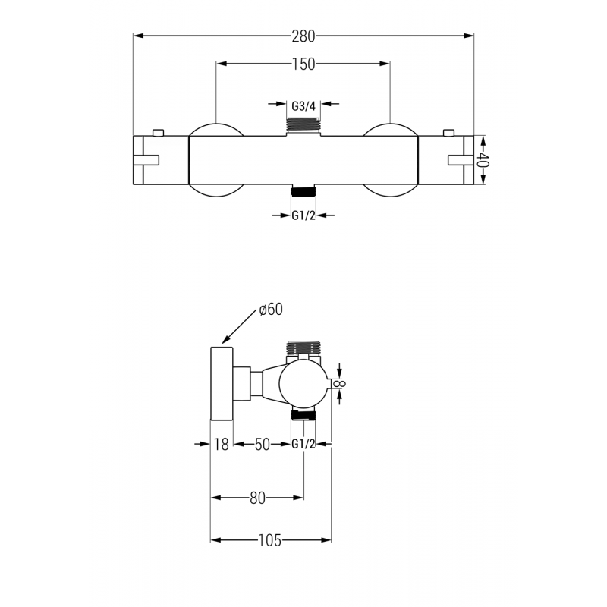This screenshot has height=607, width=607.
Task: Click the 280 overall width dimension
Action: (303, 35)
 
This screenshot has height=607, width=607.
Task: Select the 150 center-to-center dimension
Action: (303, 64)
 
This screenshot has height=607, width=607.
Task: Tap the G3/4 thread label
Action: (303, 105)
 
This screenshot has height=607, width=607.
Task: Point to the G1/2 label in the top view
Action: (303, 215)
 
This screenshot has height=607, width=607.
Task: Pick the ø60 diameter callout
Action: (271, 309)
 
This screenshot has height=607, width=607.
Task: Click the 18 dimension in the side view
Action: (221, 445)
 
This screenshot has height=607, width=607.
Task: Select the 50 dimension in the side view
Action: (262, 445)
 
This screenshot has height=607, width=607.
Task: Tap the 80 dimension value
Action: (257, 498)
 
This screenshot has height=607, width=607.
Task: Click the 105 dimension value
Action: (269, 540)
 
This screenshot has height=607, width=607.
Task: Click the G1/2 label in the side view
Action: (303, 445)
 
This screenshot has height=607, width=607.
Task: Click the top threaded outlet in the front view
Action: (303, 126)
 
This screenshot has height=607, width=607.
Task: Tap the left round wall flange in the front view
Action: (215, 159)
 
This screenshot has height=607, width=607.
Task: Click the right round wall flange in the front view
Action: (390, 159)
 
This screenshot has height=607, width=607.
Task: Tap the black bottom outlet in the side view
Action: (303, 415)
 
